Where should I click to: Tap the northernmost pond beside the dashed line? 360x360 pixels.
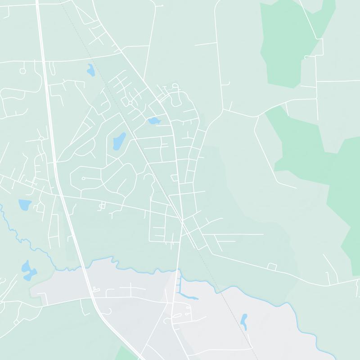[x=91, y=70]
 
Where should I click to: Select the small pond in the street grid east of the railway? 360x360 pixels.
[x=154, y=121]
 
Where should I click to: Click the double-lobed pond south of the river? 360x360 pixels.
[x=28, y=270]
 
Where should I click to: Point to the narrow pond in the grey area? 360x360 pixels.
[x=244, y=320]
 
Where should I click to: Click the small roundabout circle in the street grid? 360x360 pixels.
[x=130, y=103]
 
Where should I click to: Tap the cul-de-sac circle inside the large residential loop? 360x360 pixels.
[x=84, y=179]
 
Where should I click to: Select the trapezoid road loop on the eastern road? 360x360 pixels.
[x=271, y=266]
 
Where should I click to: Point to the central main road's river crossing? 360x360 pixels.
[x=178, y=272]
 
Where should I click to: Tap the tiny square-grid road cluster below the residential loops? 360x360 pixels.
[x=102, y=206]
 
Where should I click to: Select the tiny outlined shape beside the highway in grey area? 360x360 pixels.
[x=95, y=289]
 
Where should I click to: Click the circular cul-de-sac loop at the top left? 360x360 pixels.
[x=22, y=71]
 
